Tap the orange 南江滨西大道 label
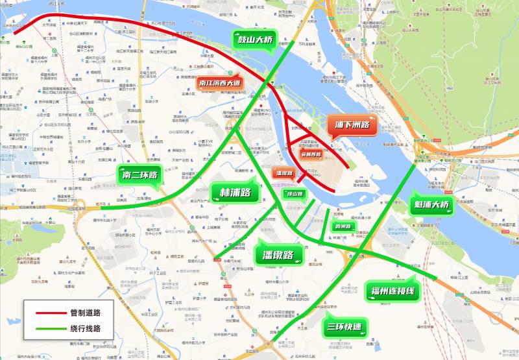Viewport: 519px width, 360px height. point(220,83)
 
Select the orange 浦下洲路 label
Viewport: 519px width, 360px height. point(352,125)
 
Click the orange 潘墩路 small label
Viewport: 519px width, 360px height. point(285,173)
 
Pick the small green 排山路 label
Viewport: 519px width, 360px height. point(295,193)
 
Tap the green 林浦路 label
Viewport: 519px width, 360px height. point(235,193)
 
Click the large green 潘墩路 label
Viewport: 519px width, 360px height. point(280,254)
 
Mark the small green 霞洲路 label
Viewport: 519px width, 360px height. point(342,227)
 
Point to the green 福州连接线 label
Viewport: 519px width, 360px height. point(393,290)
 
